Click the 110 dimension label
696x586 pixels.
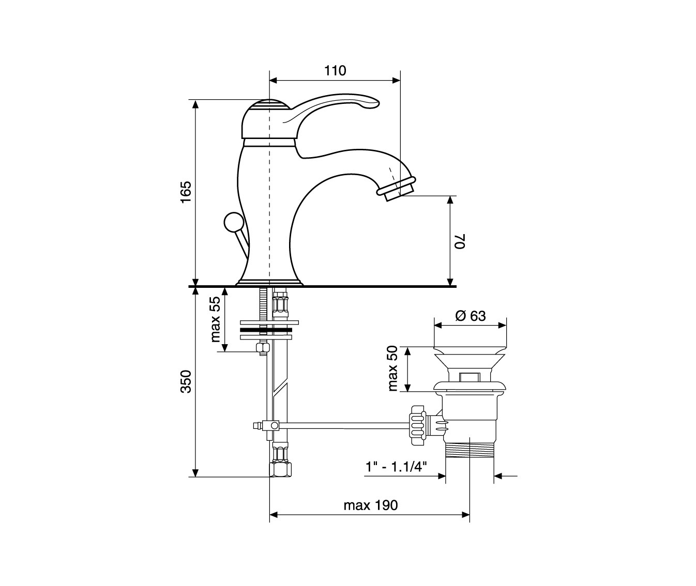(335, 71)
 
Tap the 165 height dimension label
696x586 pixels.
(186, 192)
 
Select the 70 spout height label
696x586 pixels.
(460, 241)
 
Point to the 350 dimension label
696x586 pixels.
(186, 381)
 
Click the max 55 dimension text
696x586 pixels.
(216, 319)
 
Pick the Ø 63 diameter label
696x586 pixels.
(471, 316)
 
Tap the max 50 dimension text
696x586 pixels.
(394, 368)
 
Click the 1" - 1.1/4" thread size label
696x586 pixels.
(396, 467)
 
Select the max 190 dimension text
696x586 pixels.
(371, 505)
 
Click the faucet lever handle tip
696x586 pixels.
(375, 103)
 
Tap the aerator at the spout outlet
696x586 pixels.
(397, 190)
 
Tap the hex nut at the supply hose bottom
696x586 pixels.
(280, 469)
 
